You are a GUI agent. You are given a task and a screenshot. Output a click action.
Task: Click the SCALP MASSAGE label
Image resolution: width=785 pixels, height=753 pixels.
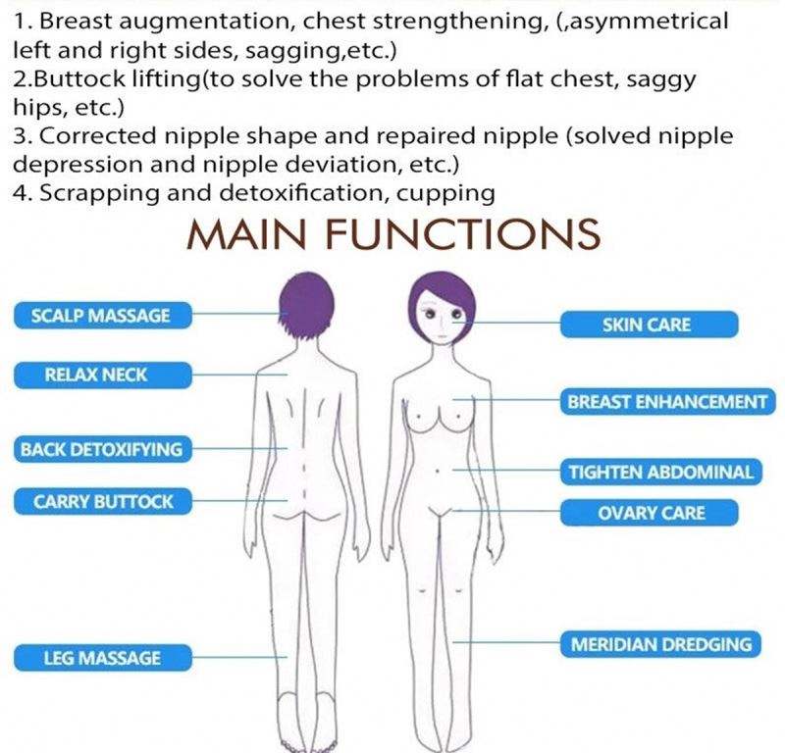click(101, 316)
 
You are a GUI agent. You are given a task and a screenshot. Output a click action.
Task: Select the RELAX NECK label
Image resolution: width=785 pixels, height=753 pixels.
click(101, 374)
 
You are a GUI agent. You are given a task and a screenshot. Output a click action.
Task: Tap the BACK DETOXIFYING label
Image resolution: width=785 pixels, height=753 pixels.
click(101, 450)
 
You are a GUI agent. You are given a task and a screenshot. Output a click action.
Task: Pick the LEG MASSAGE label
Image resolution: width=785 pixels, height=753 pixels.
click(101, 658)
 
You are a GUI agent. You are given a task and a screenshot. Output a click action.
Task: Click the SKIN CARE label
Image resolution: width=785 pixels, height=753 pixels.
click(646, 325)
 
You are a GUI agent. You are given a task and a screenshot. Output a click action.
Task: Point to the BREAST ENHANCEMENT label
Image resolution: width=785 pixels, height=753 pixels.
click(666, 402)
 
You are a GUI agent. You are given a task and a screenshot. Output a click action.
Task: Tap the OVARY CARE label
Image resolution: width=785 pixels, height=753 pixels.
click(651, 513)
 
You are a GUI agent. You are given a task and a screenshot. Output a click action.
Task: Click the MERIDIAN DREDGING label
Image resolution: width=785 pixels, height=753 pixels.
click(661, 645)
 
